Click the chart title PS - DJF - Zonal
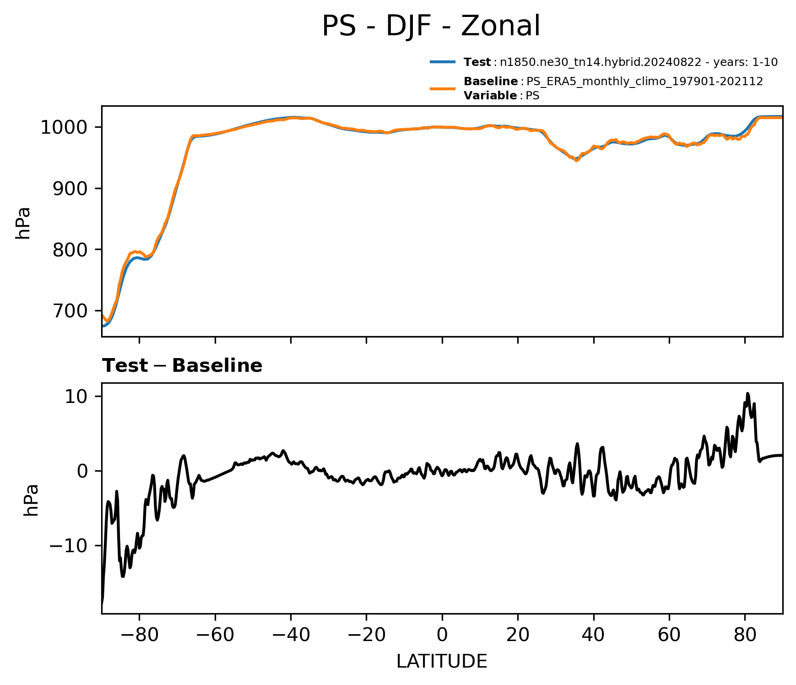[431, 26]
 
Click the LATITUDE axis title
[442, 662]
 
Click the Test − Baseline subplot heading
[182, 366]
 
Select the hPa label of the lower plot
[31, 500]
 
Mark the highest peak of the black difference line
[747, 393]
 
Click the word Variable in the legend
[490, 96]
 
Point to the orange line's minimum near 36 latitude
[577, 161]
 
